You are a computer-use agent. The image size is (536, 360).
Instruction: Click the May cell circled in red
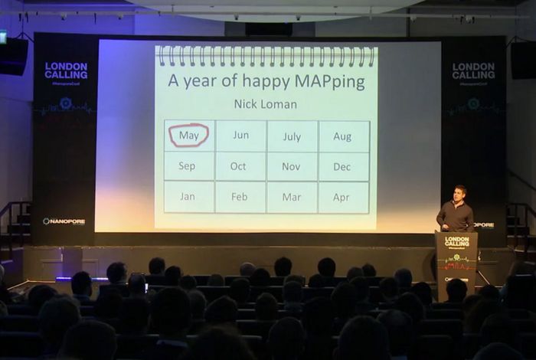[188, 136]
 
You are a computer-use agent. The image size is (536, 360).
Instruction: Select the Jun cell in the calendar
[240, 136]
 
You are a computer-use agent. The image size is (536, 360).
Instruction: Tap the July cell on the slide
[292, 136]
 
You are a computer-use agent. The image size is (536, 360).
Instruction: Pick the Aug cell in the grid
[343, 136]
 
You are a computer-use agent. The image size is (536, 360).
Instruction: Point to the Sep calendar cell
[188, 166]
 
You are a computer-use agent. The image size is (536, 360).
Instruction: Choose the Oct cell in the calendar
[239, 166]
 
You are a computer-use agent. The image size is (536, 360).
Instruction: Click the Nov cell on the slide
[292, 166]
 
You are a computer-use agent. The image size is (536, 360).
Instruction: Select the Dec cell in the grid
[343, 166]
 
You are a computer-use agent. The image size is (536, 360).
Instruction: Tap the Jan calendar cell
[188, 197]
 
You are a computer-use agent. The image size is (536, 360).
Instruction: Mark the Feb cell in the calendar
[240, 197]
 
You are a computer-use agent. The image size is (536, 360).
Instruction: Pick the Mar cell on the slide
[292, 197]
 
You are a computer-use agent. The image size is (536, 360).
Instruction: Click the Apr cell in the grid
[342, 197]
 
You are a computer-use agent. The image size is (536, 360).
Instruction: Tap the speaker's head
[459, 192]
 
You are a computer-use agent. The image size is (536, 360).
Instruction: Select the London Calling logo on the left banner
[66, 70]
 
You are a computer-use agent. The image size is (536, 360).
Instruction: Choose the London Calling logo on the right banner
[473, 70]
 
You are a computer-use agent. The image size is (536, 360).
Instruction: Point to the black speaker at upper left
[14, 56]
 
